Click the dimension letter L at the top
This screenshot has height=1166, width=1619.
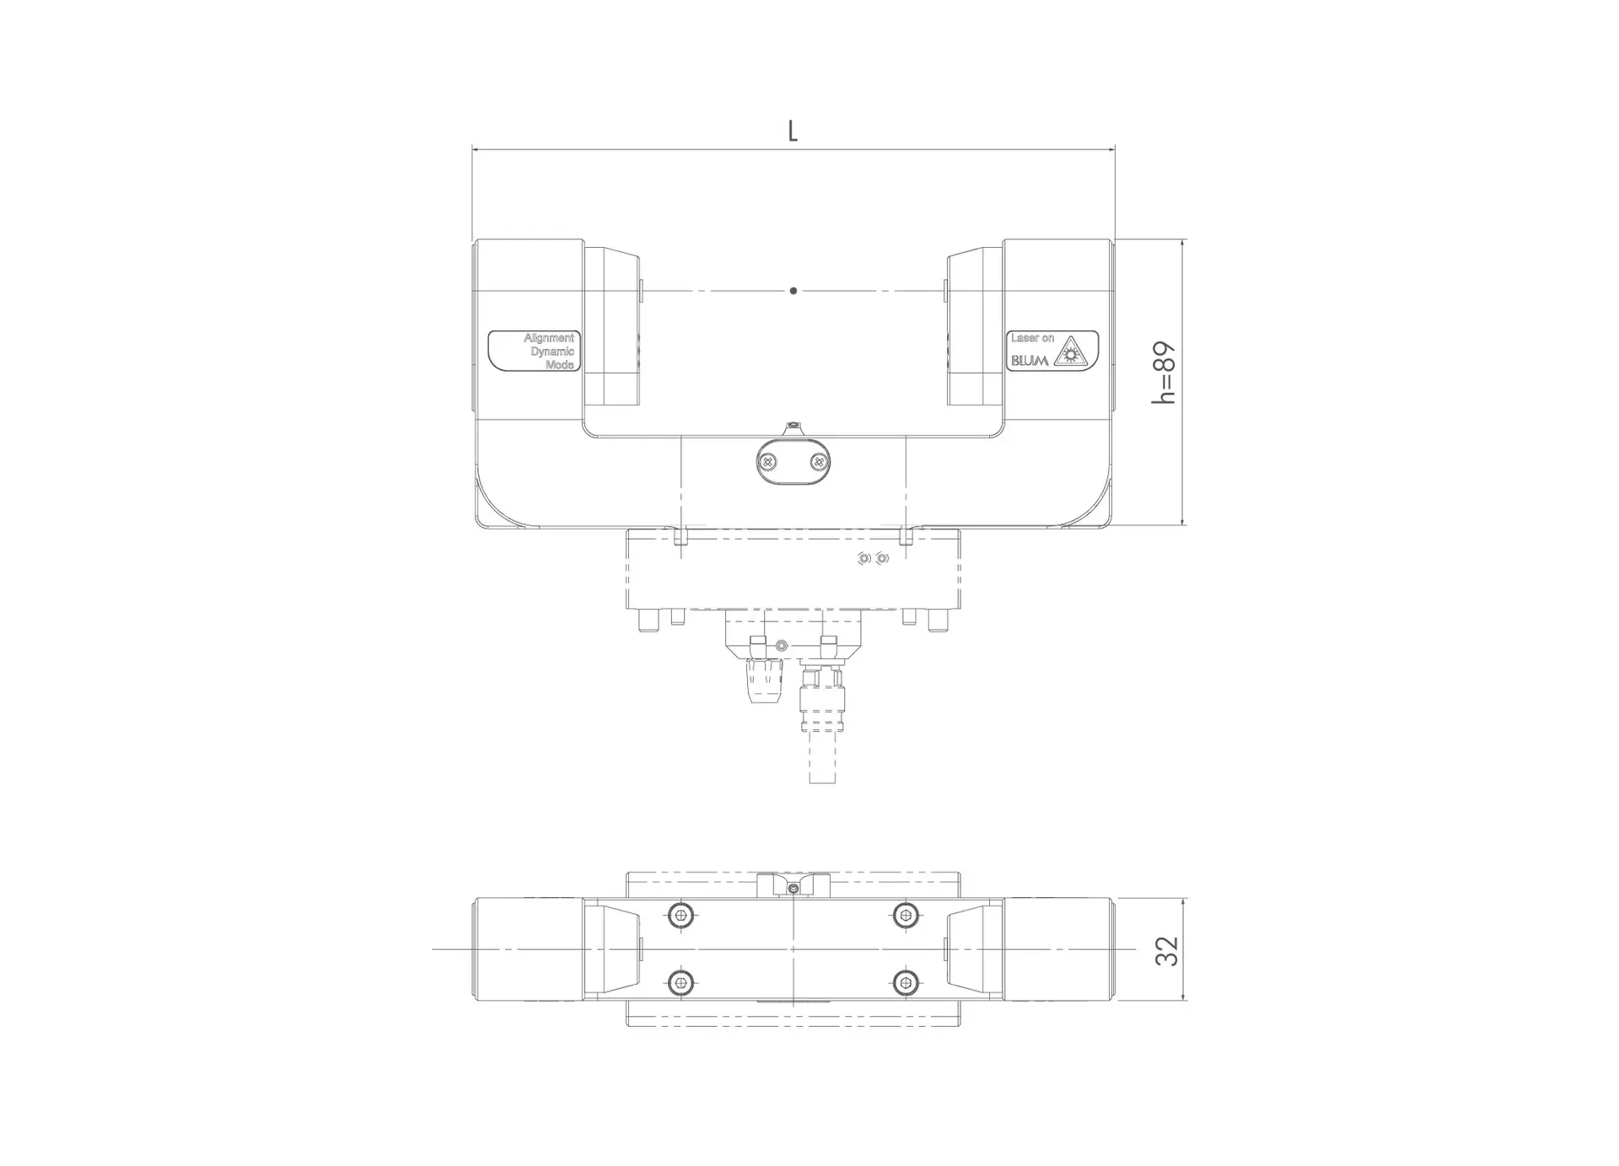point(793,131)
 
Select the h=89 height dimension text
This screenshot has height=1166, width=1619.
point(1164,373)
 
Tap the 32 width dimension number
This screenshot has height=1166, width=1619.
point(1166,950)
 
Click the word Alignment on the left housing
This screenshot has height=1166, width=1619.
point(549,338)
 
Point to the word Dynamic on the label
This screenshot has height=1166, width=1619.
point(552,352)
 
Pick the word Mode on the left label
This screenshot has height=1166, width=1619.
point(560,365)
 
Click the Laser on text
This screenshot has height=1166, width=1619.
point(1032,338)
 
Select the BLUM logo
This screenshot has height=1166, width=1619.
point(1030,360)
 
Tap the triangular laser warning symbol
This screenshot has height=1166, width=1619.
point(1071,352)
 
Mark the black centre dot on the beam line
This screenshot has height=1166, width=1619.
point(793,291)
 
